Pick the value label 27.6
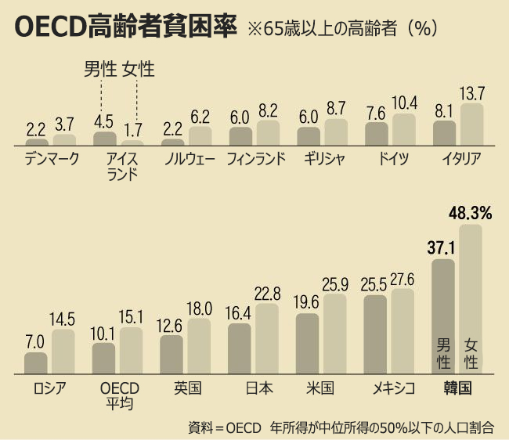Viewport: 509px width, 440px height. [402, 280]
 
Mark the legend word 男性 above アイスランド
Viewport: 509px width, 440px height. [100, 70]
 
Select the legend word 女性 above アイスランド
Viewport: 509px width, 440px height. [139, 70]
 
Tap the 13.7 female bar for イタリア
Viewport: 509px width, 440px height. [471, 124]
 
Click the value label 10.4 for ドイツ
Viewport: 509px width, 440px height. [403, 104]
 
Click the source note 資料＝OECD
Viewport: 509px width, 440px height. [226, 427]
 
